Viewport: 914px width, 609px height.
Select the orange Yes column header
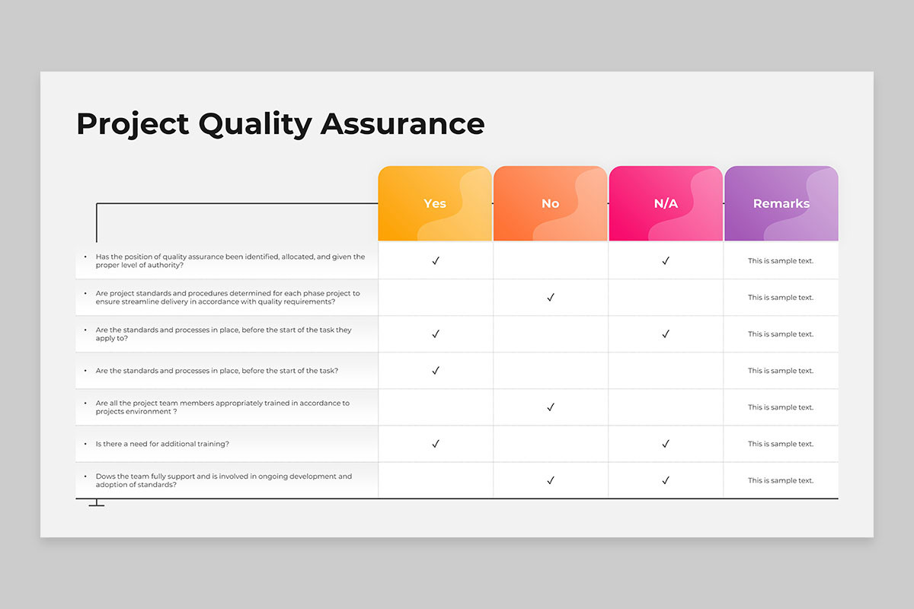coord(435,203)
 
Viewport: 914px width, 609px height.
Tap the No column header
coord(550,203)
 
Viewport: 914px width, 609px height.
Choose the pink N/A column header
coord(666,203)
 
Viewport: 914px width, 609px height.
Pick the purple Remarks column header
coord(781,203)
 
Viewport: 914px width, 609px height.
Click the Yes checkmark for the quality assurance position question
coord(436,261)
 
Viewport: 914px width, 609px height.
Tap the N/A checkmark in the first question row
coord(666,261)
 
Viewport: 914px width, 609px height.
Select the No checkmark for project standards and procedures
coord(551,298)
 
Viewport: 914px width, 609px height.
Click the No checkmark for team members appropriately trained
coord(551,407)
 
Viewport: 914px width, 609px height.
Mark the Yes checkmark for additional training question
coord(436,444)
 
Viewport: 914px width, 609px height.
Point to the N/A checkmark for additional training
coord(666,444)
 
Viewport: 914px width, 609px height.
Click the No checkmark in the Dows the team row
coord(551,480)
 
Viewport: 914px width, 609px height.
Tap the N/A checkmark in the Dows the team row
coord(666,480)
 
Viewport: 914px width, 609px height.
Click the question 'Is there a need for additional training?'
coord(162,444)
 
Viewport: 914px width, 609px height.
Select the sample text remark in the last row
coord(781,480)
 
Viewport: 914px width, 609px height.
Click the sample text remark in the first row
coord(781,261)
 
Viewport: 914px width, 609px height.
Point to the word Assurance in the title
coord(402,124)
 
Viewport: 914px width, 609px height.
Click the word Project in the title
coord(132,124)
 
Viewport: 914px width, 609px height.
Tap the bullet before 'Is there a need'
coord(85,444)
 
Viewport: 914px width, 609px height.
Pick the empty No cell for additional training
coord(551,444)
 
